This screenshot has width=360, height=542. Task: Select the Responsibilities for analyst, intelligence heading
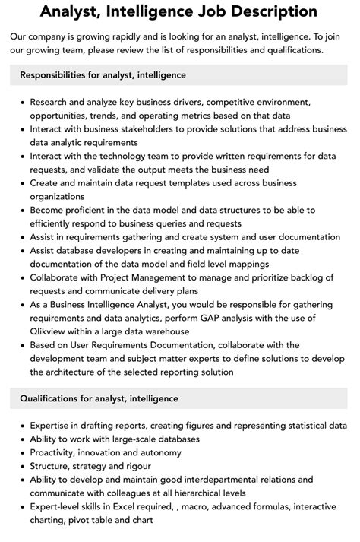pos(103,75)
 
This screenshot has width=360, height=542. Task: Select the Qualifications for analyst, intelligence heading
pos(99,398)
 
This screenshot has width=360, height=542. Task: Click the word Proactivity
pos(56,452)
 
